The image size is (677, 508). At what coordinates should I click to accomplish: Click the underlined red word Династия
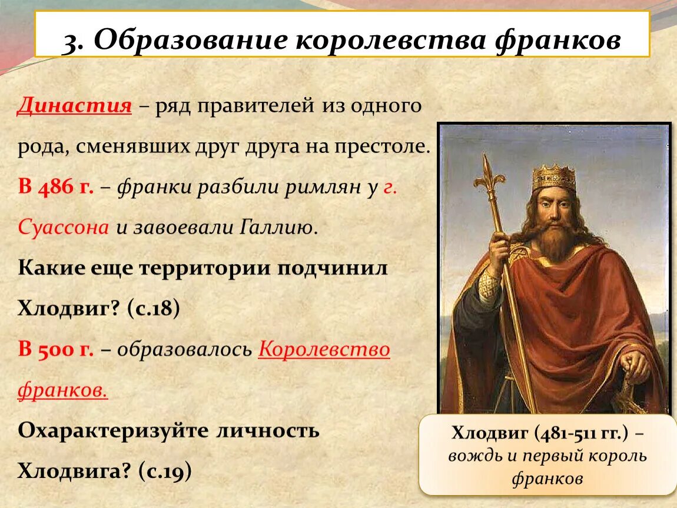[x=74, y=106]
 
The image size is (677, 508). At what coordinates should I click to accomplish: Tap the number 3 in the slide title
[x=72, y=42]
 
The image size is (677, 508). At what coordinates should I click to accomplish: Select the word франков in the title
[x=558, y=41]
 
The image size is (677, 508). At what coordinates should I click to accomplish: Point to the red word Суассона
[x=63, y=227]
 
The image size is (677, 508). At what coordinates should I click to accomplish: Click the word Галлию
[x=278, y=227]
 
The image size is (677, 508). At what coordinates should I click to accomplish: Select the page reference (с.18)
[x=153, y=308]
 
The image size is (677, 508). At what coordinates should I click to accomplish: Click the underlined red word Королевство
[x=324, y=349]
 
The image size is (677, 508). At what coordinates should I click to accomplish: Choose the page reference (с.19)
[x=165, y=471]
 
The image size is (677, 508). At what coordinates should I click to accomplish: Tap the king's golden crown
[x=554, y=178]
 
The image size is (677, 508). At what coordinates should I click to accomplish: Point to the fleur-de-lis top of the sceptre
[x=488, y=175]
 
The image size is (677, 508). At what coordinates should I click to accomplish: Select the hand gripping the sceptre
[x=498, y=248]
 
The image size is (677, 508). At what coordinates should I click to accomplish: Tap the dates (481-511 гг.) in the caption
[x=582, y=433]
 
